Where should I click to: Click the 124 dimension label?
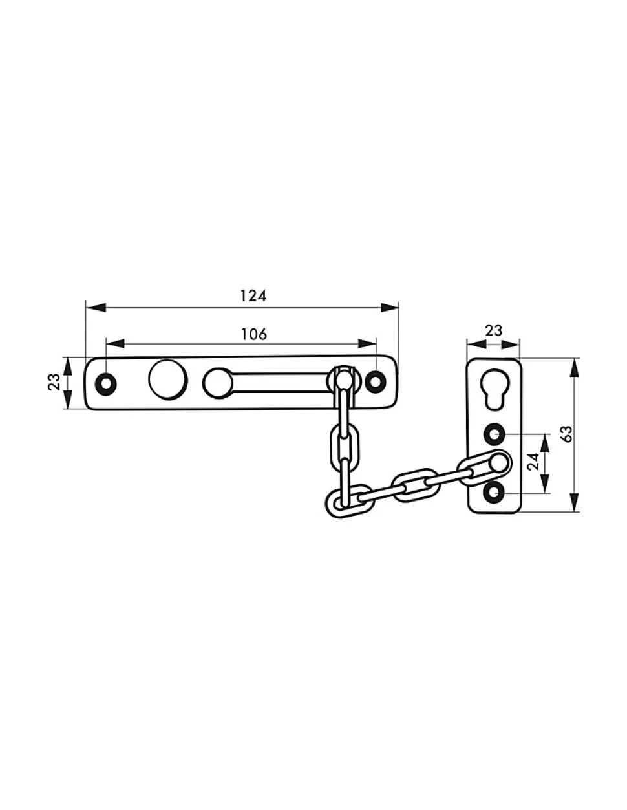click(253, 295)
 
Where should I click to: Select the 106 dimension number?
click(253, 334)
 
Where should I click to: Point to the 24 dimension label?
click(534, 462)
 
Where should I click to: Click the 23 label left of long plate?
click(54, 381)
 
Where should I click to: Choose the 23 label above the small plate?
click(493, 330)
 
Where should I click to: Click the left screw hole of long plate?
click(106, 383)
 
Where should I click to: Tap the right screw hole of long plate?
click(375, 381)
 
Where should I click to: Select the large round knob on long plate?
click(168, 379)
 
